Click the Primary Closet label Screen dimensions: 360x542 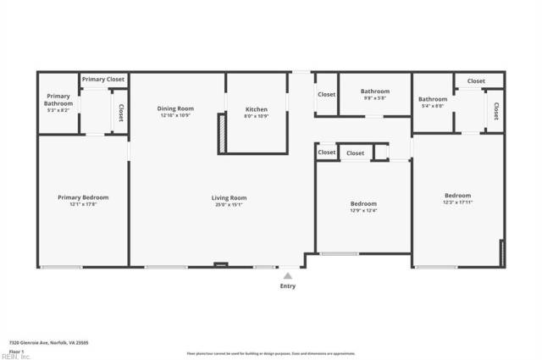[104, 80]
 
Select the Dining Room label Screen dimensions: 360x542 [177, 108]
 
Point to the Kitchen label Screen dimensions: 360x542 [257, 109]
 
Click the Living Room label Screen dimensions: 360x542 [229, 197]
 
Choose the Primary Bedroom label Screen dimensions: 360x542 [83, 197]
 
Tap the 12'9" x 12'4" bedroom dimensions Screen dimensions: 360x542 [363, 211]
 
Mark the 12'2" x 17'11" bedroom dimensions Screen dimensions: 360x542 [457, 202]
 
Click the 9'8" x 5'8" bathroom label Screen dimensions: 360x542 [374, 98]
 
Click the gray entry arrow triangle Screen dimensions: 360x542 [288, 274]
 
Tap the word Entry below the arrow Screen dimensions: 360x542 [288, 286]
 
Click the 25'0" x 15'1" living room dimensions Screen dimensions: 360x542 [229, 204]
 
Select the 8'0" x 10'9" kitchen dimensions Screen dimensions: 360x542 [257, 116]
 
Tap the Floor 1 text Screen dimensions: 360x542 [16, 351]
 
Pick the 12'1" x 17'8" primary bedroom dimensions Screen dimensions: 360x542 [83, 204]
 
